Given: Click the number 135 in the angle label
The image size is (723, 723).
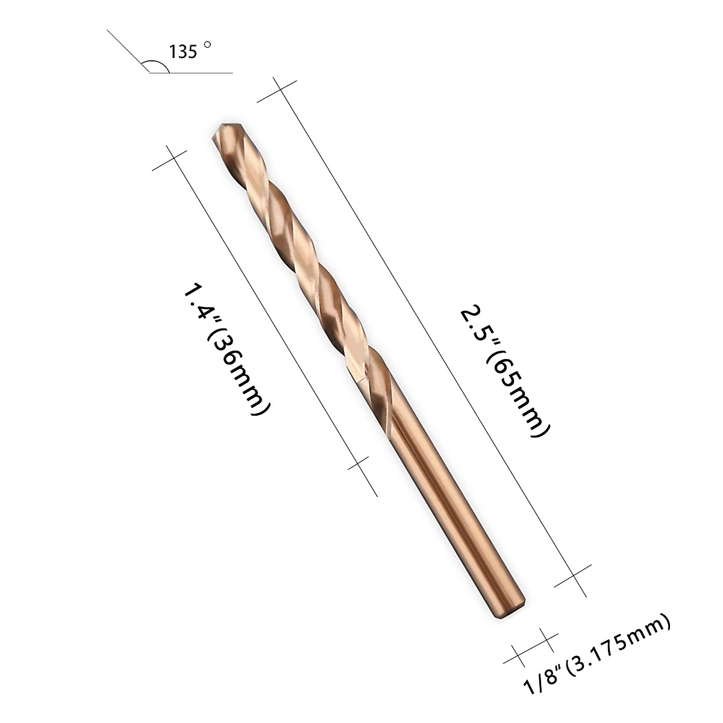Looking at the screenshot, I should click(183, 52).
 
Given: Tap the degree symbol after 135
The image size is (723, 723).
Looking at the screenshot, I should click(208, 45).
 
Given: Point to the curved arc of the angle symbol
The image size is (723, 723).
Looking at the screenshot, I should click(155, 63).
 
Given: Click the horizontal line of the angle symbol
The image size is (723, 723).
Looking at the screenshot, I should click(199, 73).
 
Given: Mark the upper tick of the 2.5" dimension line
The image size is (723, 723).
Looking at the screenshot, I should click(277, 90).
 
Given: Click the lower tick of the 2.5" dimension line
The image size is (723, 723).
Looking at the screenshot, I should click(573, 575).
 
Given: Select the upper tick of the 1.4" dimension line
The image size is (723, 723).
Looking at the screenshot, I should click(170, 158).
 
